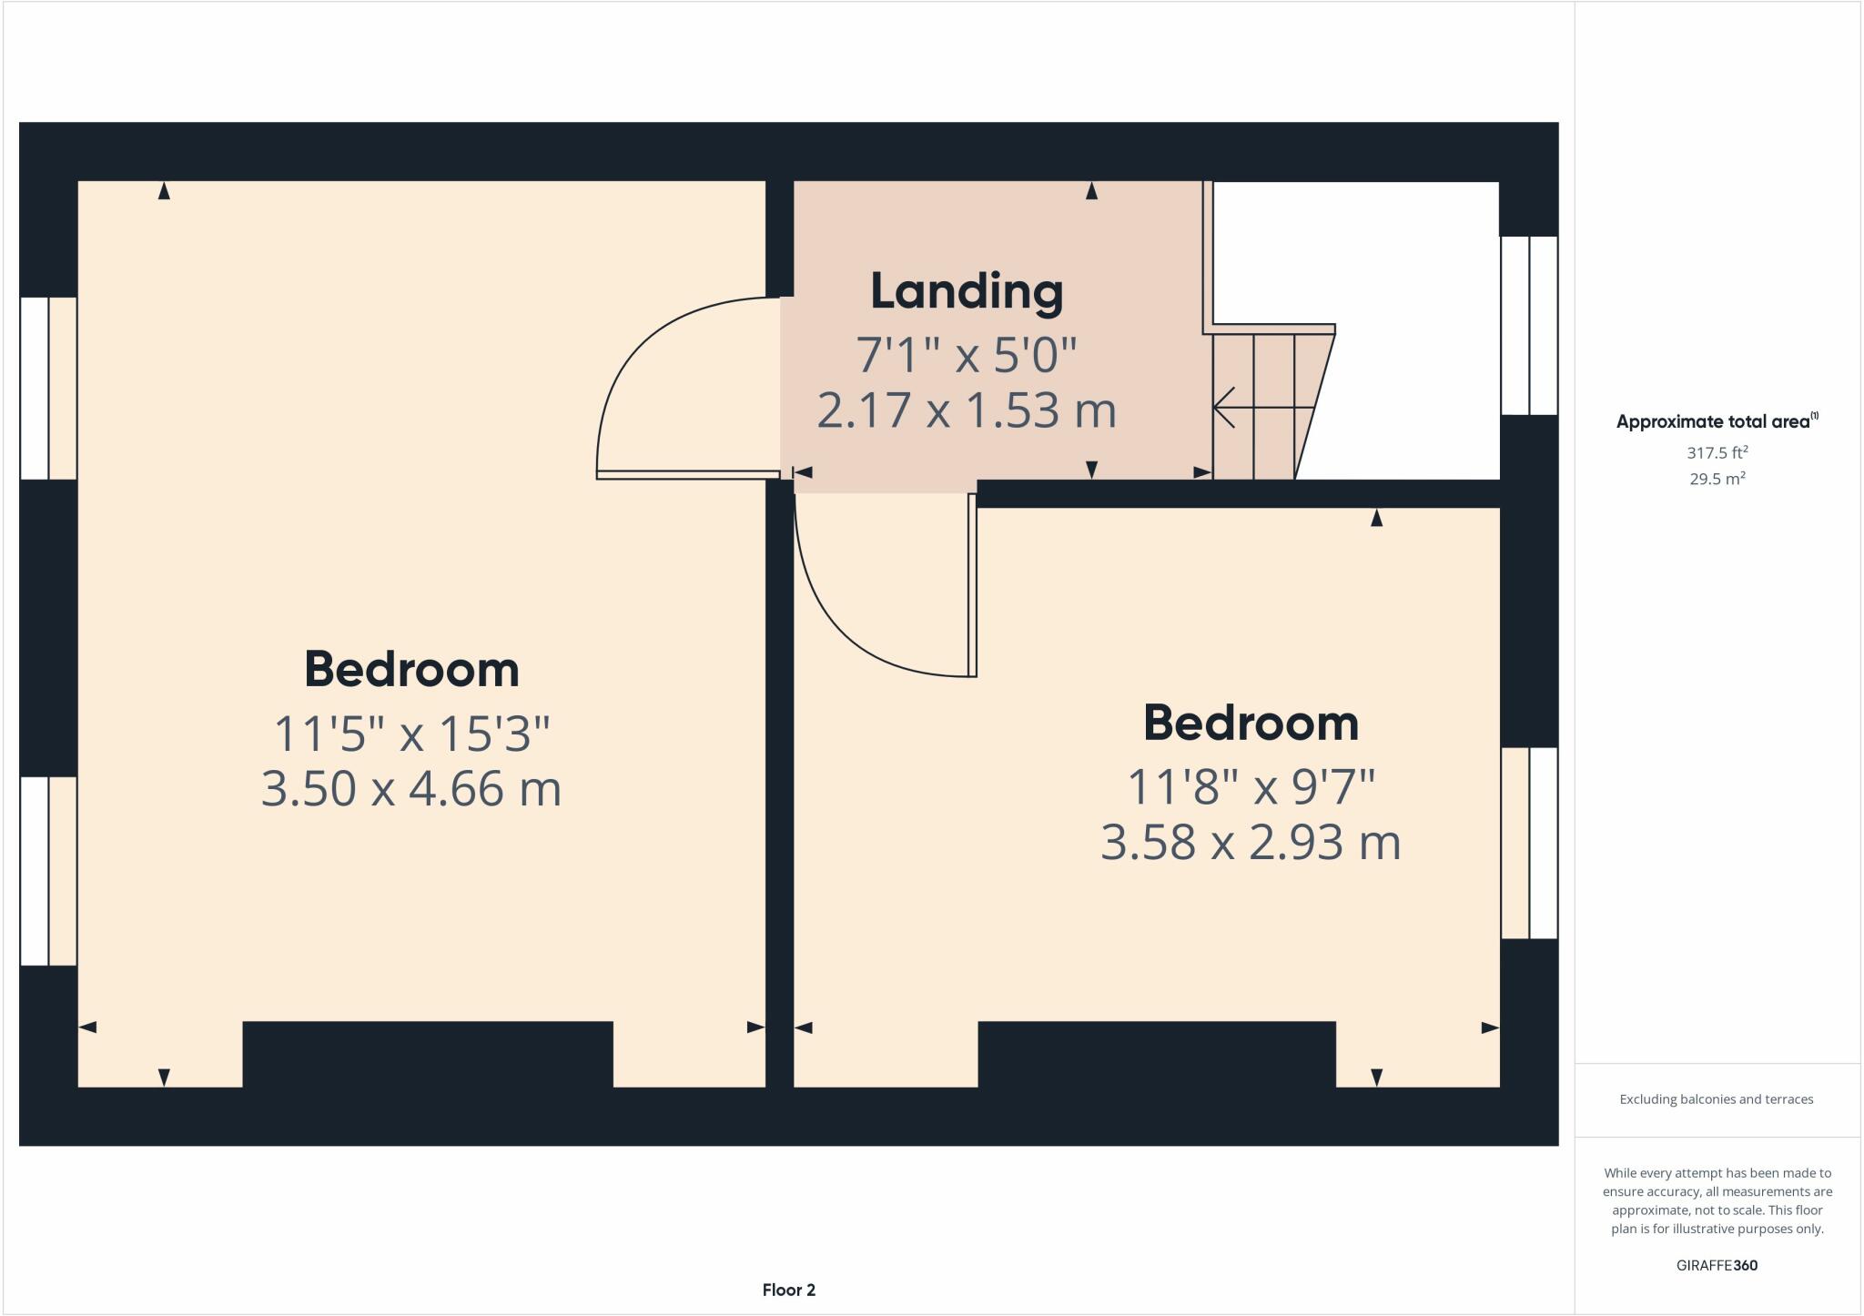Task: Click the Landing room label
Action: point(967,291)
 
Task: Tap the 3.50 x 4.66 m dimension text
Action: point(410,788)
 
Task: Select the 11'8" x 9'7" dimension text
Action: point(1251,787)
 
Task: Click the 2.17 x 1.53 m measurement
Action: point(967,410)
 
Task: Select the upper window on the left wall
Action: point(48,388)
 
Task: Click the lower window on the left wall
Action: point(48,871)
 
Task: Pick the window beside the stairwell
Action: point(1529,325)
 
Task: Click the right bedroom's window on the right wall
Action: point(1529,843)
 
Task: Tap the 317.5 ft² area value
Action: point(1717,452)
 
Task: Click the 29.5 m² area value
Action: point(1717,479)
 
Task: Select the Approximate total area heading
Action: point(1716,421)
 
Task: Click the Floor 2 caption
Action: point(788,1290)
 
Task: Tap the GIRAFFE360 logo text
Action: point(1717,1265)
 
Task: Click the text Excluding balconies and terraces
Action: point(1716,1099)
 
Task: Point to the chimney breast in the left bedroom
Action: point(427,1054)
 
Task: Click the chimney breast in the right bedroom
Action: point(1156,1054)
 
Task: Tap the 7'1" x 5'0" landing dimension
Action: point(967,355)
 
